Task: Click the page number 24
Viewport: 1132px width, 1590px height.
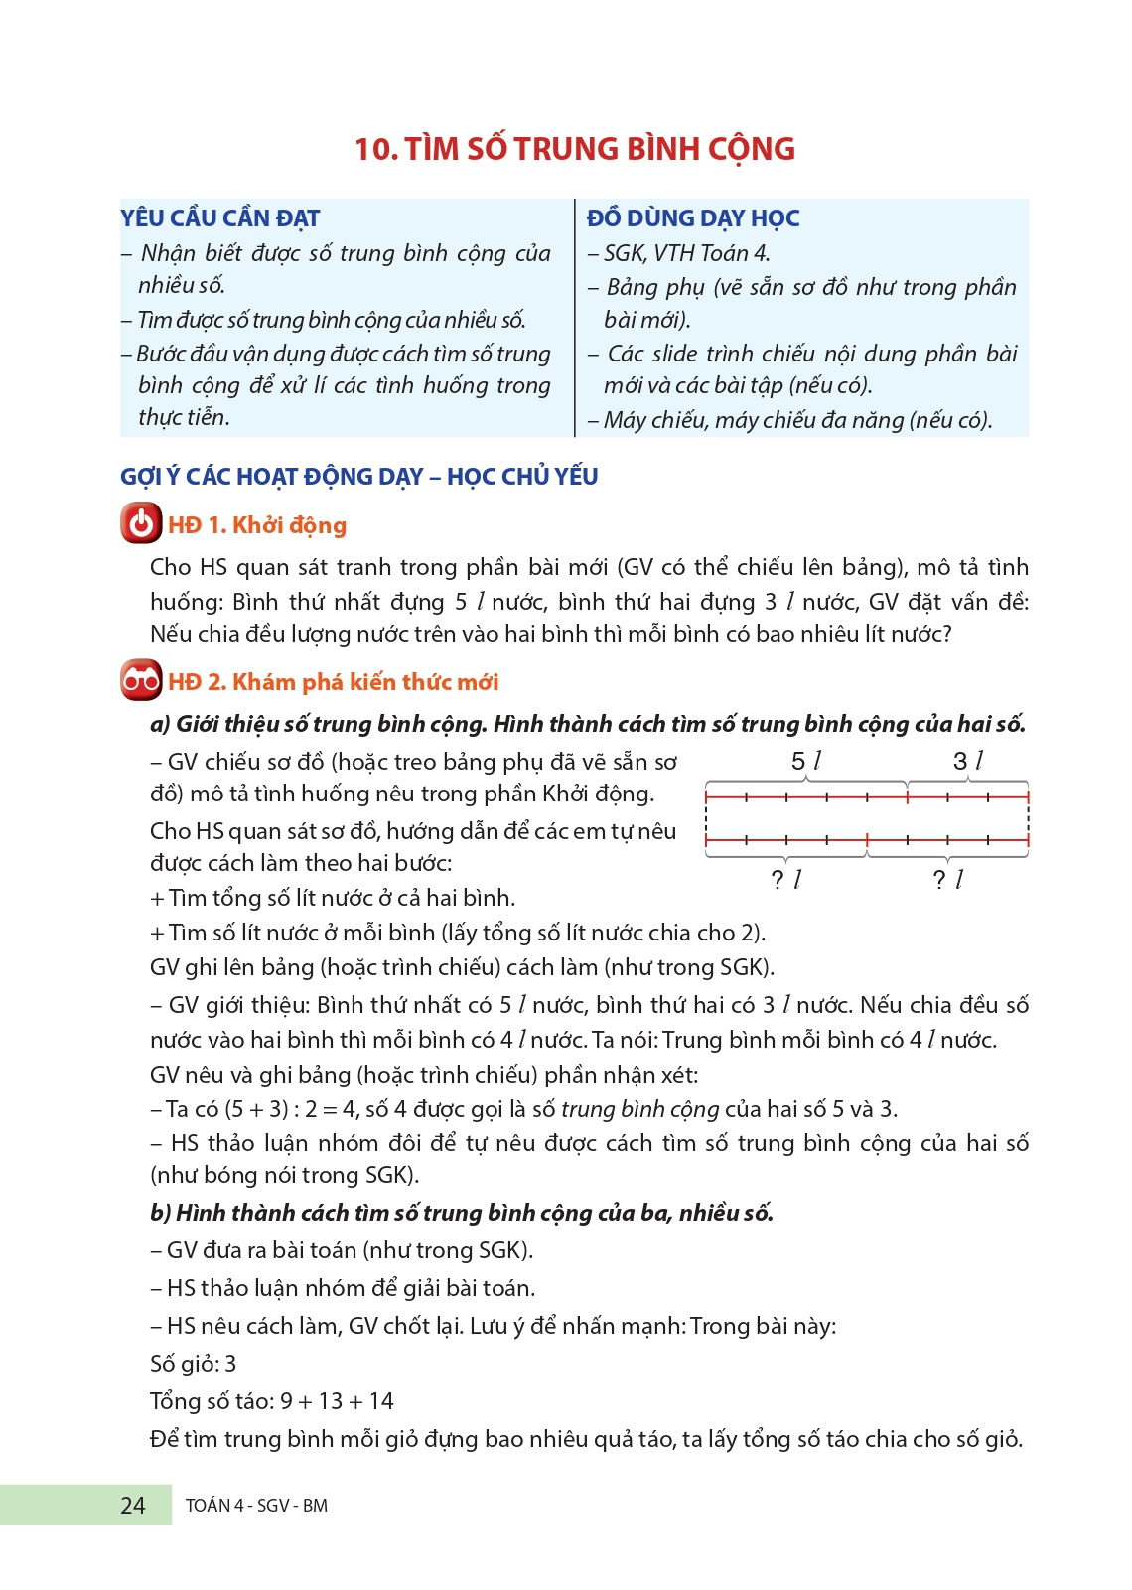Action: (133, 1506)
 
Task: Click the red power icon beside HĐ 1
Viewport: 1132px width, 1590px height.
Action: (141, 523)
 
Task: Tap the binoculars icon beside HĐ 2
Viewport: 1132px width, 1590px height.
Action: (141, 680)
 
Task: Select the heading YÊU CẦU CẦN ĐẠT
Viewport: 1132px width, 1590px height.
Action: (220, 218)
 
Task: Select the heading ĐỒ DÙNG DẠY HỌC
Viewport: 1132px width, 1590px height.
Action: (693, 218)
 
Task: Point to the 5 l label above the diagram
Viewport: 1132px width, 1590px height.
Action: (806, 762)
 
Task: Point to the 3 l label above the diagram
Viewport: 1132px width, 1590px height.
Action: (968, 762)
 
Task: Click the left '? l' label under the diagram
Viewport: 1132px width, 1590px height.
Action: (785, 879)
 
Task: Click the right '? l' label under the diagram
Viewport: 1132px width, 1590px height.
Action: (948, 879)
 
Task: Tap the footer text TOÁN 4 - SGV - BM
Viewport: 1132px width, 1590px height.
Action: (256, 1506)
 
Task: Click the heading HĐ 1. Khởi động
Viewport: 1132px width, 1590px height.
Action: (257, 525)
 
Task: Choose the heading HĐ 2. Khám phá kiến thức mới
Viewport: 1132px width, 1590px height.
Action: (334, 682)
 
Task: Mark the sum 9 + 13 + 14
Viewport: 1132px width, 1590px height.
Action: (337, 1401)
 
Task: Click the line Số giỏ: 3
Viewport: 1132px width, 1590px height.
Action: (194, 1364)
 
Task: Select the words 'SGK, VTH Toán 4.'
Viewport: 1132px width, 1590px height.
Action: (686, 254)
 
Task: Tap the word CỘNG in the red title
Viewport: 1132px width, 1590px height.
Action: (751, 149)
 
